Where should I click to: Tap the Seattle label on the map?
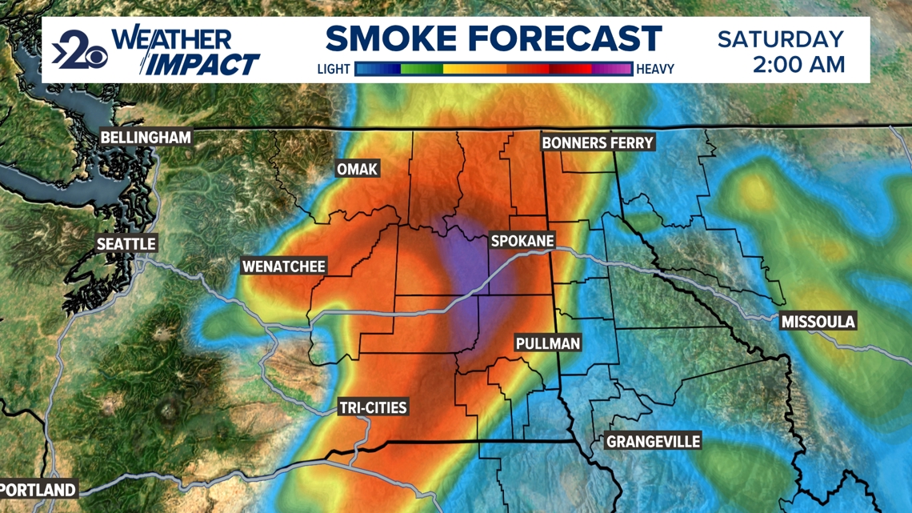point(126,244)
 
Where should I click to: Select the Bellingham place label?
point(146,138)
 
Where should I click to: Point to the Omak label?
point(357,169)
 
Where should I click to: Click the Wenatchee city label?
point(284,267)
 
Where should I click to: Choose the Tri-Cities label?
point(373,408)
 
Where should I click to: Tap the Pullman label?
point(548,343)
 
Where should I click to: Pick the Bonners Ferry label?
point(598,143)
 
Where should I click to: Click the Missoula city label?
point(818,322)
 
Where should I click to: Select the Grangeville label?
point(653,442)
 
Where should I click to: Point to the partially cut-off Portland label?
point(38,490)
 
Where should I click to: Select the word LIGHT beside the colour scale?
point(334,70)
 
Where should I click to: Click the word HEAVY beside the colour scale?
point(655,70)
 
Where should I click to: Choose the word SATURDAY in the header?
point(780,38)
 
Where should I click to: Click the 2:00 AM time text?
point(798,64)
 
